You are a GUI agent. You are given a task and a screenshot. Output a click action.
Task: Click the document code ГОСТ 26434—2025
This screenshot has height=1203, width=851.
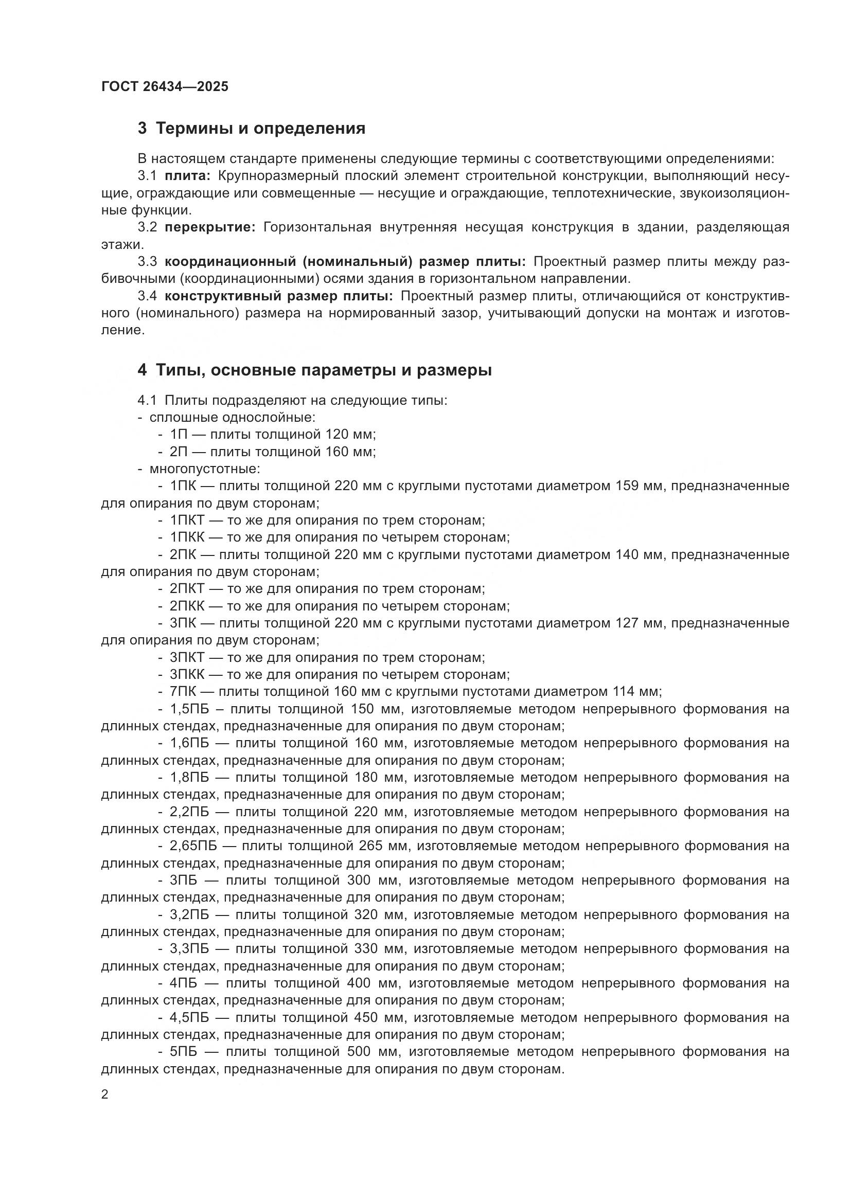tap(165, 86)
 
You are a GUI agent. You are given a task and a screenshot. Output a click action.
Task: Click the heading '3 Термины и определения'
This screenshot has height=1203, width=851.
tap(252, 129)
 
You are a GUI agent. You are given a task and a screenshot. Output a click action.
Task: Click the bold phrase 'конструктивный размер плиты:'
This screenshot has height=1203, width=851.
tap(278, 296)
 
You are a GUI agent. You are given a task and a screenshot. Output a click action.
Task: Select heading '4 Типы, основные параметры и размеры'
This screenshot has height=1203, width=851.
tap(314, 370)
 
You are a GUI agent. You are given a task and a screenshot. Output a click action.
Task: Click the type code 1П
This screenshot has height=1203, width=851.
tap(178, 435)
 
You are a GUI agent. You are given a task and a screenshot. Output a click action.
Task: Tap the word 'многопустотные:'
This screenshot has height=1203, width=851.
tap(205, 469)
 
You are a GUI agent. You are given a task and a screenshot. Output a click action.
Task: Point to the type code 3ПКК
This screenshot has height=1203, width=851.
tap(187, 674)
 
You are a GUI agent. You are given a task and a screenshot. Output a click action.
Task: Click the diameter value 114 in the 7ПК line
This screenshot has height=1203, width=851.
tap(624, 692)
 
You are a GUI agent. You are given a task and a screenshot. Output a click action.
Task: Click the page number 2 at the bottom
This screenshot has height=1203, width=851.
tap(105, 1094)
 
